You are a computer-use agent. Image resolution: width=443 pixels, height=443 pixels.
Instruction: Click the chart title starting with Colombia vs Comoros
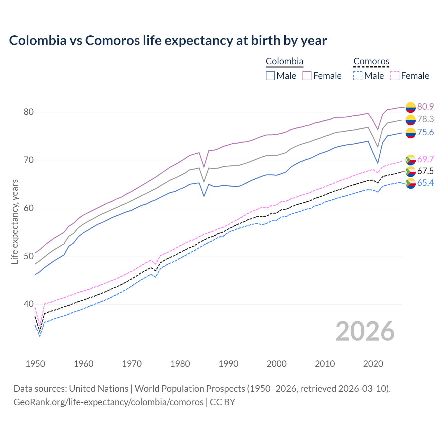click(168, 40)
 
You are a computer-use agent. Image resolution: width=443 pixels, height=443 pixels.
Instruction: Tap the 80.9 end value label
click(425, 107)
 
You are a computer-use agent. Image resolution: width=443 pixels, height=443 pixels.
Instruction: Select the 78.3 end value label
click(425, 119)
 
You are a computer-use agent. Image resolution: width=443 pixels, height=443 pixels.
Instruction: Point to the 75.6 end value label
click(425, 132)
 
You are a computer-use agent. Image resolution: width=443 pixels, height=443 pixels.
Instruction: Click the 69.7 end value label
click(425, 159)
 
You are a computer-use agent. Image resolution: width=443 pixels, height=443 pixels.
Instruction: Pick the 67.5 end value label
click(425, 171)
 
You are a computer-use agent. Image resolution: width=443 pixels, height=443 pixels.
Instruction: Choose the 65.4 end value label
click(425, 183)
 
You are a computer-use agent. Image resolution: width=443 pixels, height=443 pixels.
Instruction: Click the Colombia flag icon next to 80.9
click(410, 107)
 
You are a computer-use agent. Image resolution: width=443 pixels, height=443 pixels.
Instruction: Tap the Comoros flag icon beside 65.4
click(410, 183)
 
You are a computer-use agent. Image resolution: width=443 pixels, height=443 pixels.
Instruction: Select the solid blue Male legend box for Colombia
click(270, 76)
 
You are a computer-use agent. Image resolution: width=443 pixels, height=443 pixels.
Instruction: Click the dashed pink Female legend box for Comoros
click(395, 76)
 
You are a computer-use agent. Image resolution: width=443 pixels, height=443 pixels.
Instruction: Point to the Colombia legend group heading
click(284, 62)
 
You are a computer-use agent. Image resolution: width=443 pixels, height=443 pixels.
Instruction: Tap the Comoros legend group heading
click(371, 62)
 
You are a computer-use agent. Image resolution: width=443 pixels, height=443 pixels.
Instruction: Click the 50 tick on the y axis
click(28, 256)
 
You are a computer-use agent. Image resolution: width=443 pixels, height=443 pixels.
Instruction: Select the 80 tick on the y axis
click(28, 112)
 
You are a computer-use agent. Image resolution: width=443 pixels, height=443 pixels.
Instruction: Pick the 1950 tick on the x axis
click(35, 364)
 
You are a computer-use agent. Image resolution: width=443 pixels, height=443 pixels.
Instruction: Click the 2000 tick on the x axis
click(277, 364)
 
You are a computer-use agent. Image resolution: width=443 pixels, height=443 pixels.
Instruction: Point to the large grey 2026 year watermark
click(365, 331)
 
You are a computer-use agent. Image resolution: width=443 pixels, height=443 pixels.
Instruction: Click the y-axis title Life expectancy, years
click(15, 221)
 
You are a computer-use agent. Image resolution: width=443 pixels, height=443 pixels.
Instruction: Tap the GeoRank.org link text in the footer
click(108, 402)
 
